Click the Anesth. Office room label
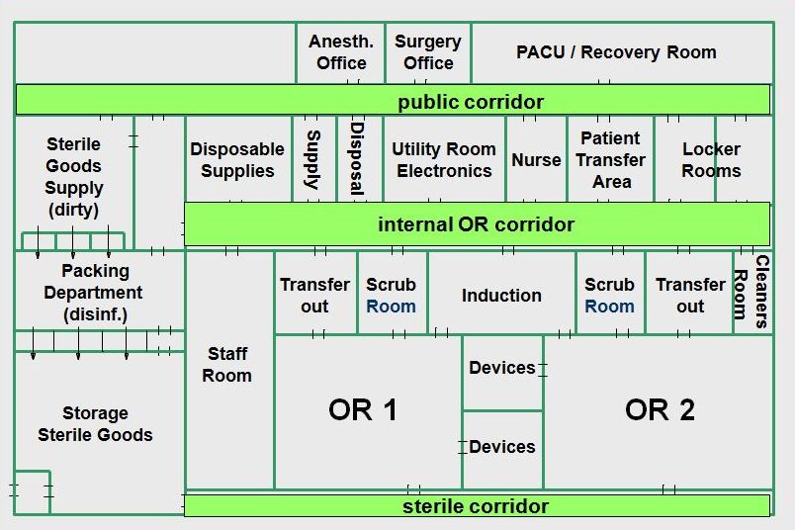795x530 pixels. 341,51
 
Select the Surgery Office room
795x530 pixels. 428,51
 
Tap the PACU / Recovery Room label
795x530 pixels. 616,52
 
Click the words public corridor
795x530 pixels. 471,102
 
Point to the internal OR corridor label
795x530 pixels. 476,224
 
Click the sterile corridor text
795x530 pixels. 476,506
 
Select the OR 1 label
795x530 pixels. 363,409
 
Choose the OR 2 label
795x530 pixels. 660,409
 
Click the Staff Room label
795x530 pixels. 227,364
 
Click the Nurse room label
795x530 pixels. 536,160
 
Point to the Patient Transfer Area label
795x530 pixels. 611,160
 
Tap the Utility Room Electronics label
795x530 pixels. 444,160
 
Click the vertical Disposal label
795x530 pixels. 357,158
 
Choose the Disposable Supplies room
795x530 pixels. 237,160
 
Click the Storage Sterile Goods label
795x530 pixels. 95,424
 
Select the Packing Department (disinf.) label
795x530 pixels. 94,293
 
